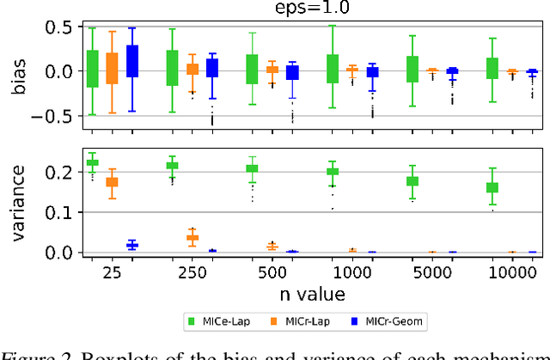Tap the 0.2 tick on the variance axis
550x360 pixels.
[x=61, y=172]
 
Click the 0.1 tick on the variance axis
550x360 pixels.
[x=61, y=212]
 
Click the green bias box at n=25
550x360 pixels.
[x=93, y=69]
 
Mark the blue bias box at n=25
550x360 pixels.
[x=132, y=62]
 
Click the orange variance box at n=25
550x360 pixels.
[x=113, y=182]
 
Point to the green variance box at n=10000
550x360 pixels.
[x=492, y=186]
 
